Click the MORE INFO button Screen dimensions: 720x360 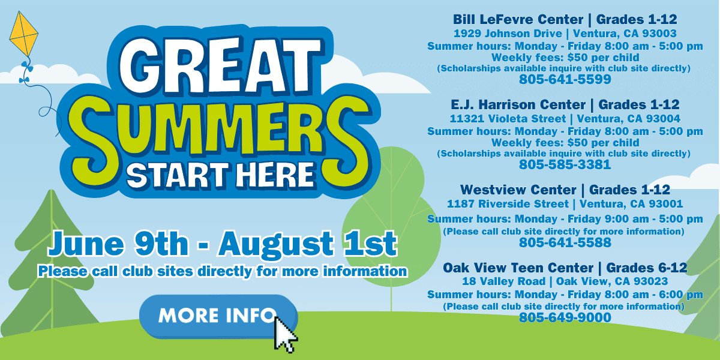pyautogui.click(x=218, y=316)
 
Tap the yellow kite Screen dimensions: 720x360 pyautogui.click(x=23, y=34)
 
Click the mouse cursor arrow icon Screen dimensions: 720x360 pyautogui.click(x=285, y=334)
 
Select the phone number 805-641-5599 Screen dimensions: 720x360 pyautogui.click(x=565, y=79)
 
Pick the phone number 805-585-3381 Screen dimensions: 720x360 pyautogui.click(x=565, y=164)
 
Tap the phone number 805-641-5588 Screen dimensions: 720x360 pyautogui.click(x=565, y=242)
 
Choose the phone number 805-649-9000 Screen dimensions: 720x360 pyautogui.click(x=565, y=317)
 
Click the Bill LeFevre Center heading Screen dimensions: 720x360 pyautogui.click(x=518, y=20)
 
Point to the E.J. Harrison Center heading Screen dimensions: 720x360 pyautogui.click(x=518, y=105)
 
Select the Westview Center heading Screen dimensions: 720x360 pyautogui.click(x=518, y=190)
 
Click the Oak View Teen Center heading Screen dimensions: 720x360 pyautogui.click(x=518, y=268)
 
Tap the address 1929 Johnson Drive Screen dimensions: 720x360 pyautogui.click(x=508, y=34)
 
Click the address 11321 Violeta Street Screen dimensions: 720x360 pyautogui.click(x=508, y=119)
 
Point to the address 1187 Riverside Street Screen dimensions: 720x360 pyautogui.click(x=508, y=204)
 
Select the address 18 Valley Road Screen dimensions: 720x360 pyautogui.click(x=503, y=281)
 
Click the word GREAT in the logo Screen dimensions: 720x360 pyautogui.click(x=220, y=66)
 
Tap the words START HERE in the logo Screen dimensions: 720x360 pyautogui.click(x=220, y=175)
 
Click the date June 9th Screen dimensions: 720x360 pyautogui.click(x=118, y=244)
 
